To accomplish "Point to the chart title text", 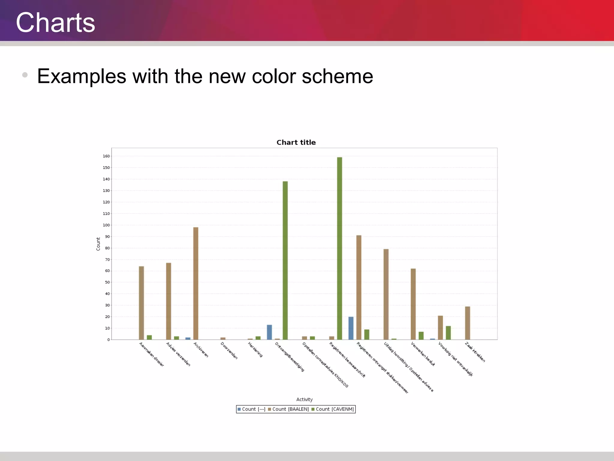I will (x=296, y=142).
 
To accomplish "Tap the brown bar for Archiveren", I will (x=196, y=283).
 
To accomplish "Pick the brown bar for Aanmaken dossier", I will (x=142, y=303).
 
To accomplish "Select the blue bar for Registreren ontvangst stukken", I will (x=351, y=328).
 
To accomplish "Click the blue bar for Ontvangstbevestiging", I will (x=269, y=332).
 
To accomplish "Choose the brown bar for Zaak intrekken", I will (x=467, y=323).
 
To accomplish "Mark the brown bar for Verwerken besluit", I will (x=413, y=304).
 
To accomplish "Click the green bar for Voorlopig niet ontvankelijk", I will (x=448, y=333).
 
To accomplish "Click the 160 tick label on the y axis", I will (x=106, y=156).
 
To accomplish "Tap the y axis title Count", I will (x=98, y=244).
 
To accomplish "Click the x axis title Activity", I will (x=304, y=399).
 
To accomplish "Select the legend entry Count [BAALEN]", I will (x=288, y=409).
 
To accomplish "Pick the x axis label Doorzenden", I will (x=229, y=351).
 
